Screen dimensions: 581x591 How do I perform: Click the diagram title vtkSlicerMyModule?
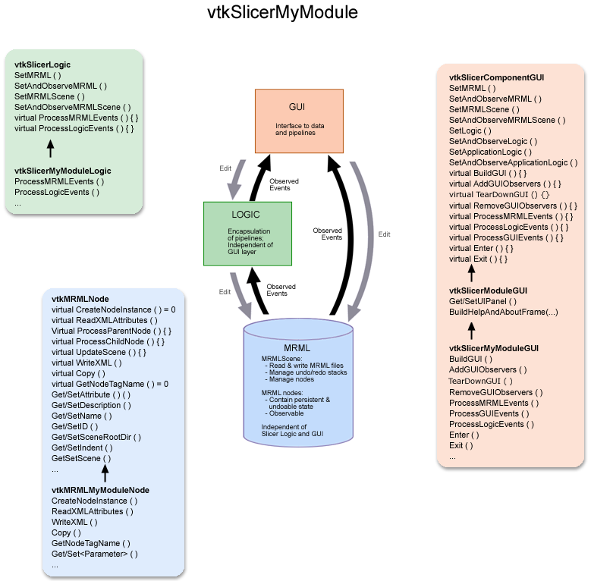click(282, 14)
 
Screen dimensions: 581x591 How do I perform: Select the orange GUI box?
click(299, 119)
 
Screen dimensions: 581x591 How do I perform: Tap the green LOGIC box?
click(247, 233)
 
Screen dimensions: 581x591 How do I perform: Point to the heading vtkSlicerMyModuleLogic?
click(62, 171)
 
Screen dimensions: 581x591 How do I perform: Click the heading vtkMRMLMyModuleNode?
click(100, 490)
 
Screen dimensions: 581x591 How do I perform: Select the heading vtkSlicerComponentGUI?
click(496, 77)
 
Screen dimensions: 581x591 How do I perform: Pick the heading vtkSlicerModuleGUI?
click(488, 290)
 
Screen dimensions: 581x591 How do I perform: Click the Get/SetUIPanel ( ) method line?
click(482, 301)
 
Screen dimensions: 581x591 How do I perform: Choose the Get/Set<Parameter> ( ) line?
click(95, 554)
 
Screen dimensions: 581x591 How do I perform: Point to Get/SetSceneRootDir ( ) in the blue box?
click(96, 438)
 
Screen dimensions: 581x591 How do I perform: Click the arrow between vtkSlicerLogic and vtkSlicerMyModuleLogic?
click(50, 148)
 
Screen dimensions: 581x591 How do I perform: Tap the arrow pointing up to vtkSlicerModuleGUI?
click(471, 331)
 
